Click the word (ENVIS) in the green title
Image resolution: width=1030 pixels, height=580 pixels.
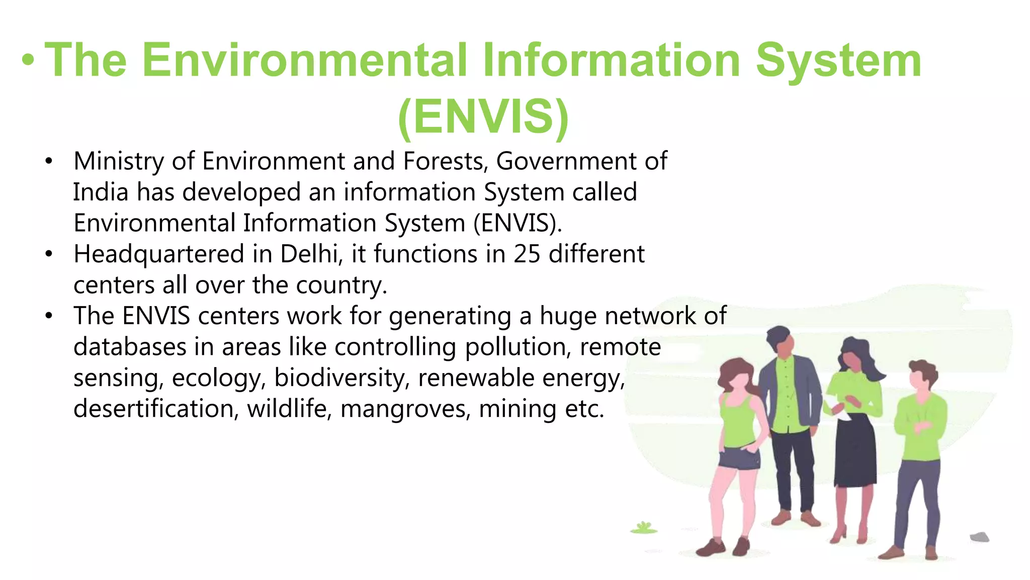pos(483,117)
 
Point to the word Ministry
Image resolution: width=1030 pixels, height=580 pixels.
pos(119,162)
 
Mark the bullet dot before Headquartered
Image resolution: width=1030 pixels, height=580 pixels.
pos(48,254)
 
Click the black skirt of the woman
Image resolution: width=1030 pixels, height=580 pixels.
pos(855,453)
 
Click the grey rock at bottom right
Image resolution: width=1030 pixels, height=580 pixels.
pos(979,537)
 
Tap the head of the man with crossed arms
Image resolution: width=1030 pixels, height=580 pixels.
pos(921,375)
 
